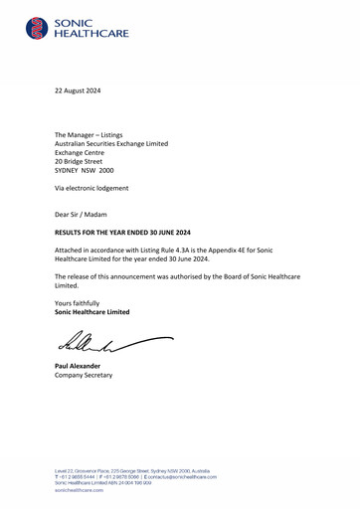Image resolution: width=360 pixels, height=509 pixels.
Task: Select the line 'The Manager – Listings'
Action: click(95, 132)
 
